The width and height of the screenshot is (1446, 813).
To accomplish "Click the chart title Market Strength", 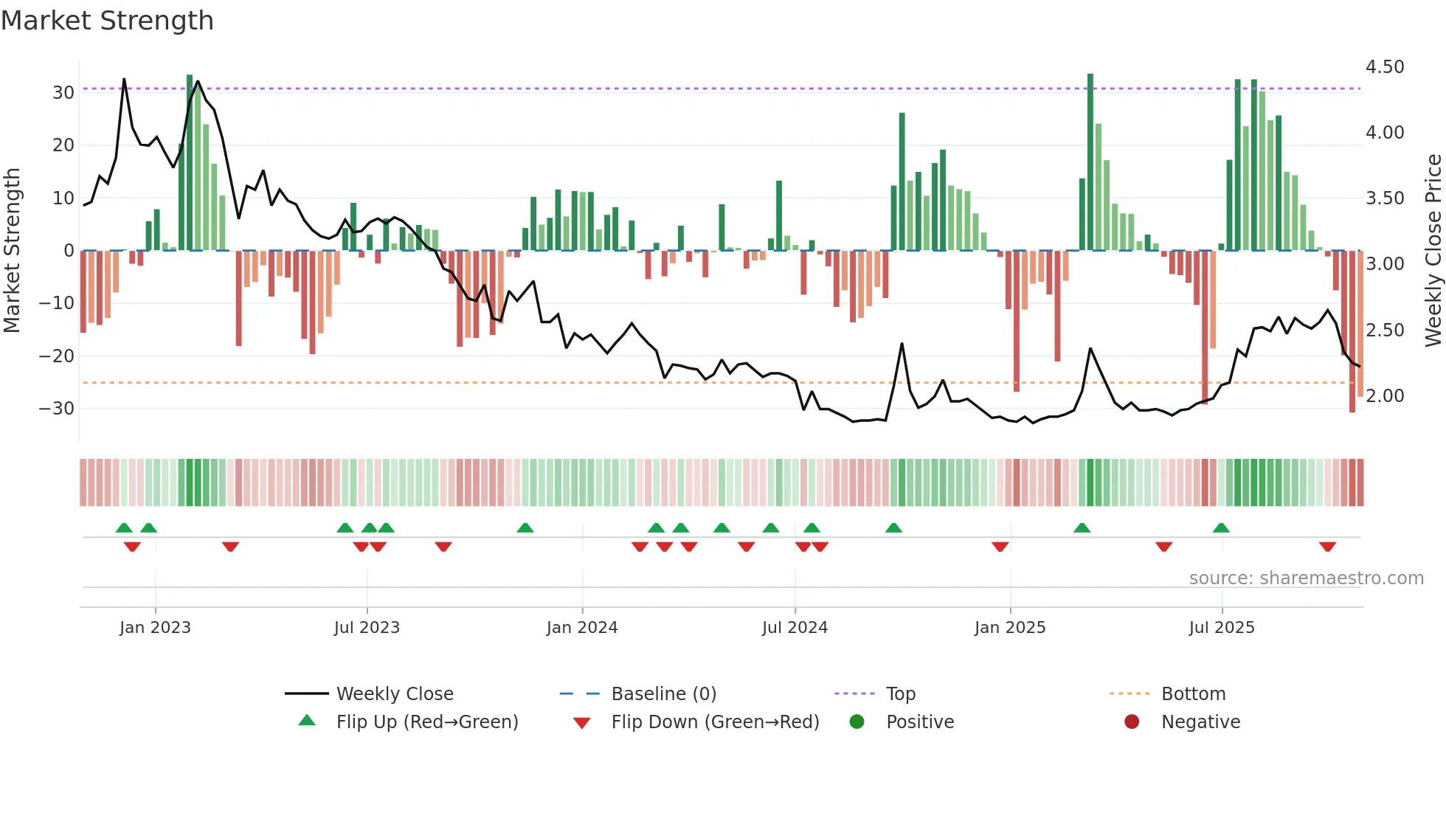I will point(107,21).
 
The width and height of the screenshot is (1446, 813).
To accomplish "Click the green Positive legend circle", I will point(857,722).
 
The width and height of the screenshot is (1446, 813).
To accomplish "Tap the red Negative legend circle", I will point(1132,722).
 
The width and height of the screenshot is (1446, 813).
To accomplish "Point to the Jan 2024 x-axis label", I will point(582,628).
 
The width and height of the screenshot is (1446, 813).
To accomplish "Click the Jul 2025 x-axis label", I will point(1222,628).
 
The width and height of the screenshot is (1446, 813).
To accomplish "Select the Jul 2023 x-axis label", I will point(367,628).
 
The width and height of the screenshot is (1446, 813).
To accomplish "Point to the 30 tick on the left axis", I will point(63,93).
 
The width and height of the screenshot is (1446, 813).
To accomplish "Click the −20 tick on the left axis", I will point(57,356).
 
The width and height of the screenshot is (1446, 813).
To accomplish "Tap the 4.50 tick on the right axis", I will point(1385,67).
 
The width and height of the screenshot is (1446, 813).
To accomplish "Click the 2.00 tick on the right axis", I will point(1385,396).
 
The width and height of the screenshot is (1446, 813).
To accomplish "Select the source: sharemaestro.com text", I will point(1306,578).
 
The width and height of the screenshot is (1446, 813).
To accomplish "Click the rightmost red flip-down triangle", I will point(1327,547).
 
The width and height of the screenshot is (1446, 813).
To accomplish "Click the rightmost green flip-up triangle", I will point(1221,527).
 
